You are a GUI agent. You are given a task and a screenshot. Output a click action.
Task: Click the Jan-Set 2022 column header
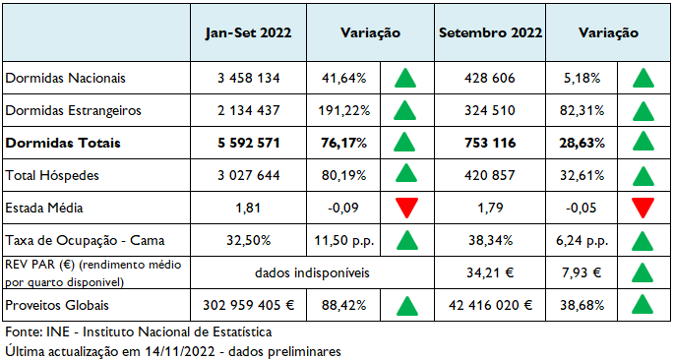pos(248,32)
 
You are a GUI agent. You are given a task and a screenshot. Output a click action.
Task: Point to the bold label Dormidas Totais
pos(63,143)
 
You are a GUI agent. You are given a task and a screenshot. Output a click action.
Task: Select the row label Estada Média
pos(45,208)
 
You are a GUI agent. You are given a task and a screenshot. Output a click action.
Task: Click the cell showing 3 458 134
pos(248,78)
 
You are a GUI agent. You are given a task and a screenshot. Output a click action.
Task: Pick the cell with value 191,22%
pos(344,110)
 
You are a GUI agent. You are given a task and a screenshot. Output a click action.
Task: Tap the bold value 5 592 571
pos(248,143)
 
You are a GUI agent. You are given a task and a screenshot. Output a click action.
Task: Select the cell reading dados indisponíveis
pos(309,271)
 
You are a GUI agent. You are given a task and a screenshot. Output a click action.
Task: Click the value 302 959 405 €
pos(248,305)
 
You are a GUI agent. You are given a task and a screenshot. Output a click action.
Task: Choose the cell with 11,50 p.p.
pos(344,240)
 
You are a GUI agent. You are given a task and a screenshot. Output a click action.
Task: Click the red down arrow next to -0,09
pos(403,209)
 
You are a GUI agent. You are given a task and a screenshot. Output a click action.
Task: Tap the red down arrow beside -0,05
pos(643,209)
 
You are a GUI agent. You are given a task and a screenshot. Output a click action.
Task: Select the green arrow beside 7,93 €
pos(643,272)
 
